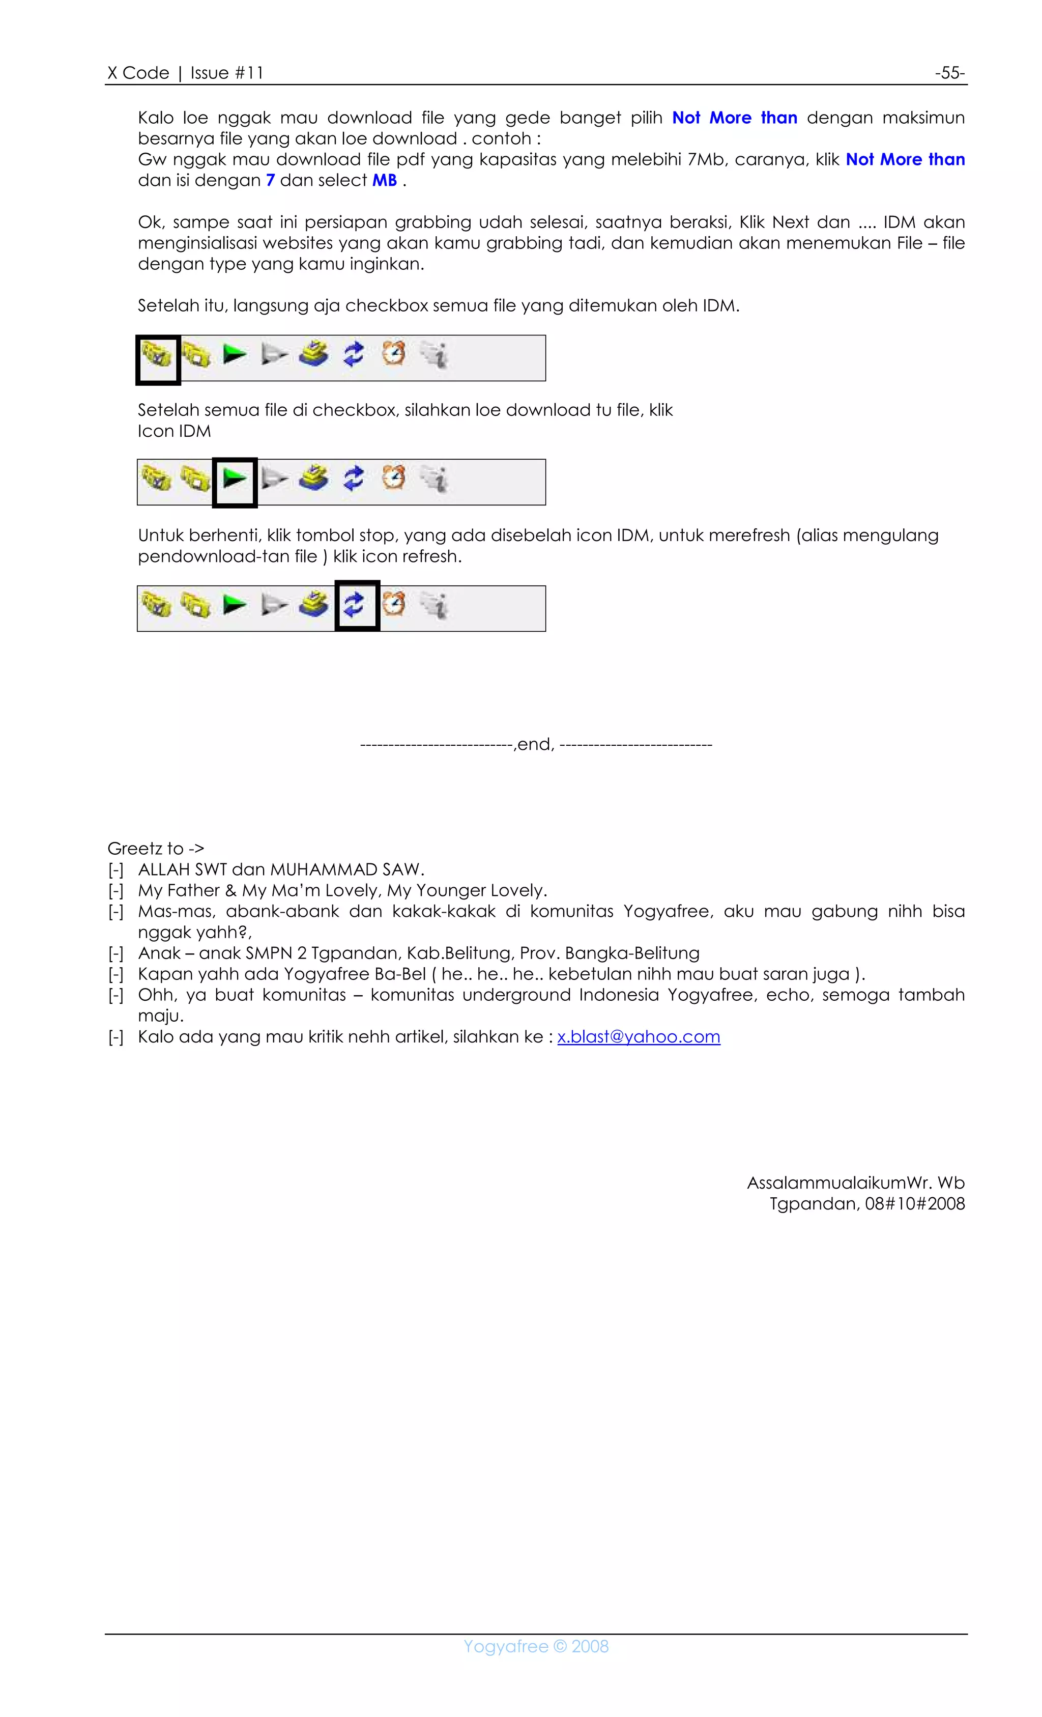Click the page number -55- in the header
[x=949, y=72]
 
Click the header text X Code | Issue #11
[x=185, y=72]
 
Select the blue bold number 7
[x=270, y=181]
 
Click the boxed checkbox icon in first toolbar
[x=157, y=357]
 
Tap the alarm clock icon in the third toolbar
[x=393, y=603]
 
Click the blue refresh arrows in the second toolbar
[x=354, y=478]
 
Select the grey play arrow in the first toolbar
[x=274, y=355]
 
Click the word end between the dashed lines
[x=534, y=744]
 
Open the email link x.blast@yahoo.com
[x=638, y=1037]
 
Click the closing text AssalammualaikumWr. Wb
[x=855, y=1183]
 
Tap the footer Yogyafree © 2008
[x=536, y=1647]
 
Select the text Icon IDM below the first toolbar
[x=174, y=431]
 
